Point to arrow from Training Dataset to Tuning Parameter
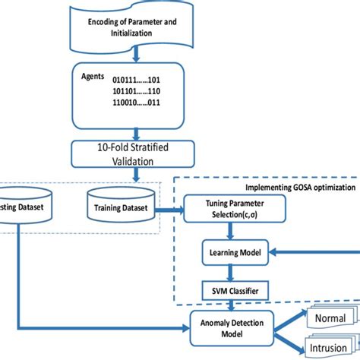pyautogui.click(x=172, y=213)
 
